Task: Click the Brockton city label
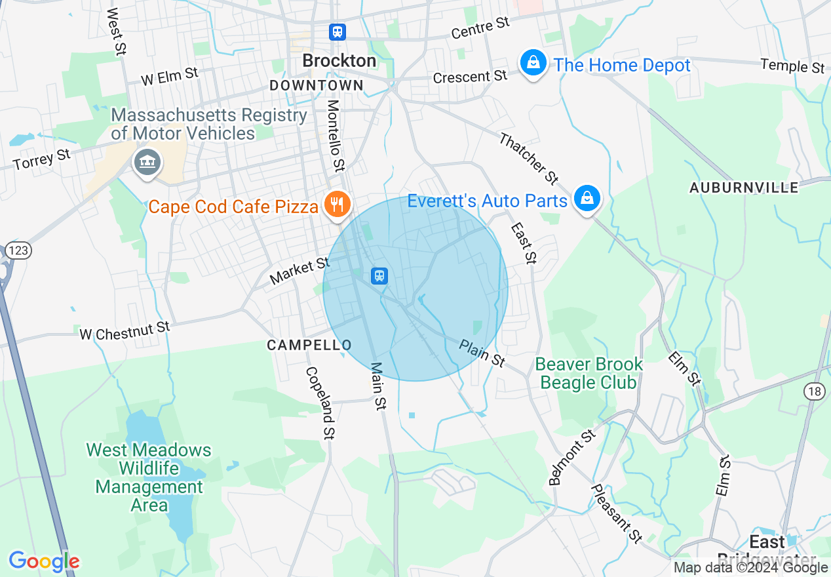339,61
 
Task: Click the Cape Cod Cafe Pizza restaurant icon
337,204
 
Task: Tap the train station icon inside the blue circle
379,275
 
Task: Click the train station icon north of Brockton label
338,31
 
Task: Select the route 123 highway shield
20,250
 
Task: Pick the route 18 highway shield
815,391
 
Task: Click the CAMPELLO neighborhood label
309,345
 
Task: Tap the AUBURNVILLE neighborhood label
744,188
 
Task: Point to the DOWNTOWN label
317,85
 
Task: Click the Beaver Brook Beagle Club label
589,373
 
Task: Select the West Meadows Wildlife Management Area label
149,477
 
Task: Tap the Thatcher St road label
528,158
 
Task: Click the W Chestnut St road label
125,330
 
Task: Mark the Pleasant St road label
616,513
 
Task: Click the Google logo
44,561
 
